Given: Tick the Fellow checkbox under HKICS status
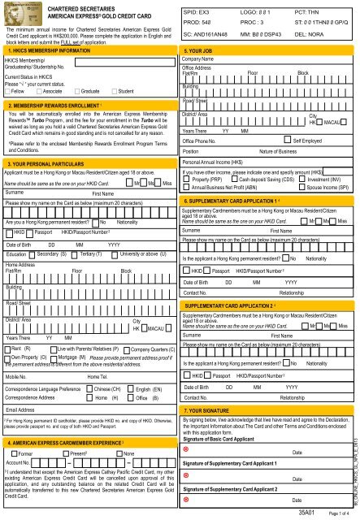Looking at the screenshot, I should point(7,92).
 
